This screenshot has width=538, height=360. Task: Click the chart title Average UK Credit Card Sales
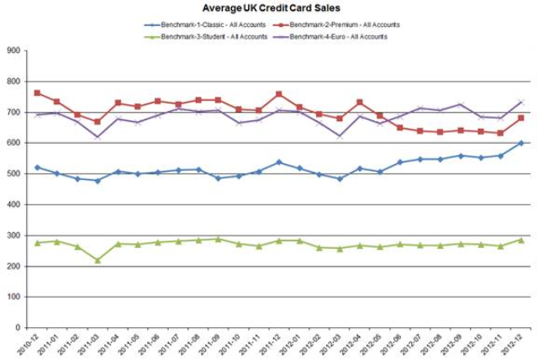271,8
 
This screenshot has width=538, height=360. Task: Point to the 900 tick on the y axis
13,50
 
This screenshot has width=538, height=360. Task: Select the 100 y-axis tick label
13,297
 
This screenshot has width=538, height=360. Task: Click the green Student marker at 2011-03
97,260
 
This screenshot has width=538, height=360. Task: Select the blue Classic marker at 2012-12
520,143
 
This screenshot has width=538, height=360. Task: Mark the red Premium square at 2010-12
37,93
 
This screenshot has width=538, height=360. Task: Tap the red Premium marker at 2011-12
278,94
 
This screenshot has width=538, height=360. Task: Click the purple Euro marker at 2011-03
97,137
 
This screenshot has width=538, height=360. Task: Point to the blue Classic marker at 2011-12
278,162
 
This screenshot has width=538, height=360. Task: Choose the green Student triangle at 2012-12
520,240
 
